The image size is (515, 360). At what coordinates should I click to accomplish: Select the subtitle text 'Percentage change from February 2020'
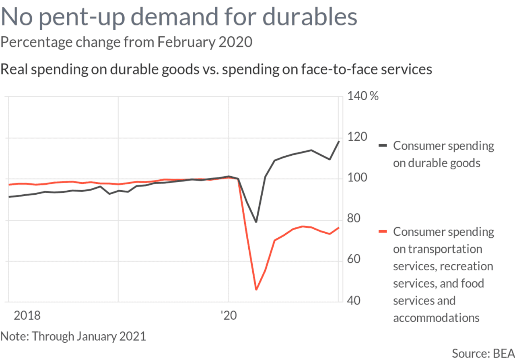tap(126, 41)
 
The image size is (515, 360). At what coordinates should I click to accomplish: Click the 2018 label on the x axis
tap(27, 315)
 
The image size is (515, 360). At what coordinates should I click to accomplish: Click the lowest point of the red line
tap(256, 290)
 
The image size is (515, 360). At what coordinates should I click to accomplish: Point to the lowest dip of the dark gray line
tap(256, 222)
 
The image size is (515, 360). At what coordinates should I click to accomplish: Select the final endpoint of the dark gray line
tap(339, 141)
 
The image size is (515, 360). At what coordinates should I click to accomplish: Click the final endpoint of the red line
tap(339, 228)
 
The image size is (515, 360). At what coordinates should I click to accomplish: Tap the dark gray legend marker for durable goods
tap(383, 145)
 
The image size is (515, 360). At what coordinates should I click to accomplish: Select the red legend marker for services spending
tap(383, 231)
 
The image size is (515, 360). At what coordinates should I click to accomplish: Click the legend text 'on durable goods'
tap(437, 163)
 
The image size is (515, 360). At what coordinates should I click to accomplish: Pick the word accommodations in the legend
tap(436, 318)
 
